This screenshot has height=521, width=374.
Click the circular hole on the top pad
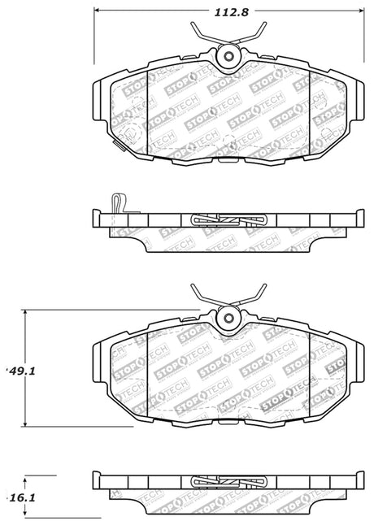click(228, 56)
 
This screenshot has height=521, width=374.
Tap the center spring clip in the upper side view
click(228, 219)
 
